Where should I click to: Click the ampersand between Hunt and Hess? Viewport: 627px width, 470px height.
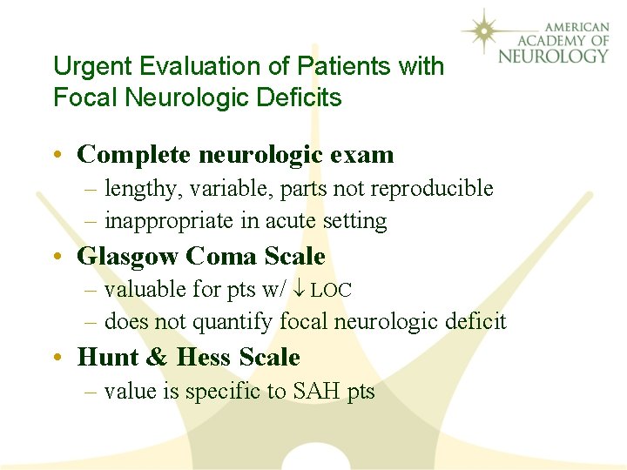pyautogui.click(x=158, y=358)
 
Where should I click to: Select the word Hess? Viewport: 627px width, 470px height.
pyautogui.click(x=204, y=358)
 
